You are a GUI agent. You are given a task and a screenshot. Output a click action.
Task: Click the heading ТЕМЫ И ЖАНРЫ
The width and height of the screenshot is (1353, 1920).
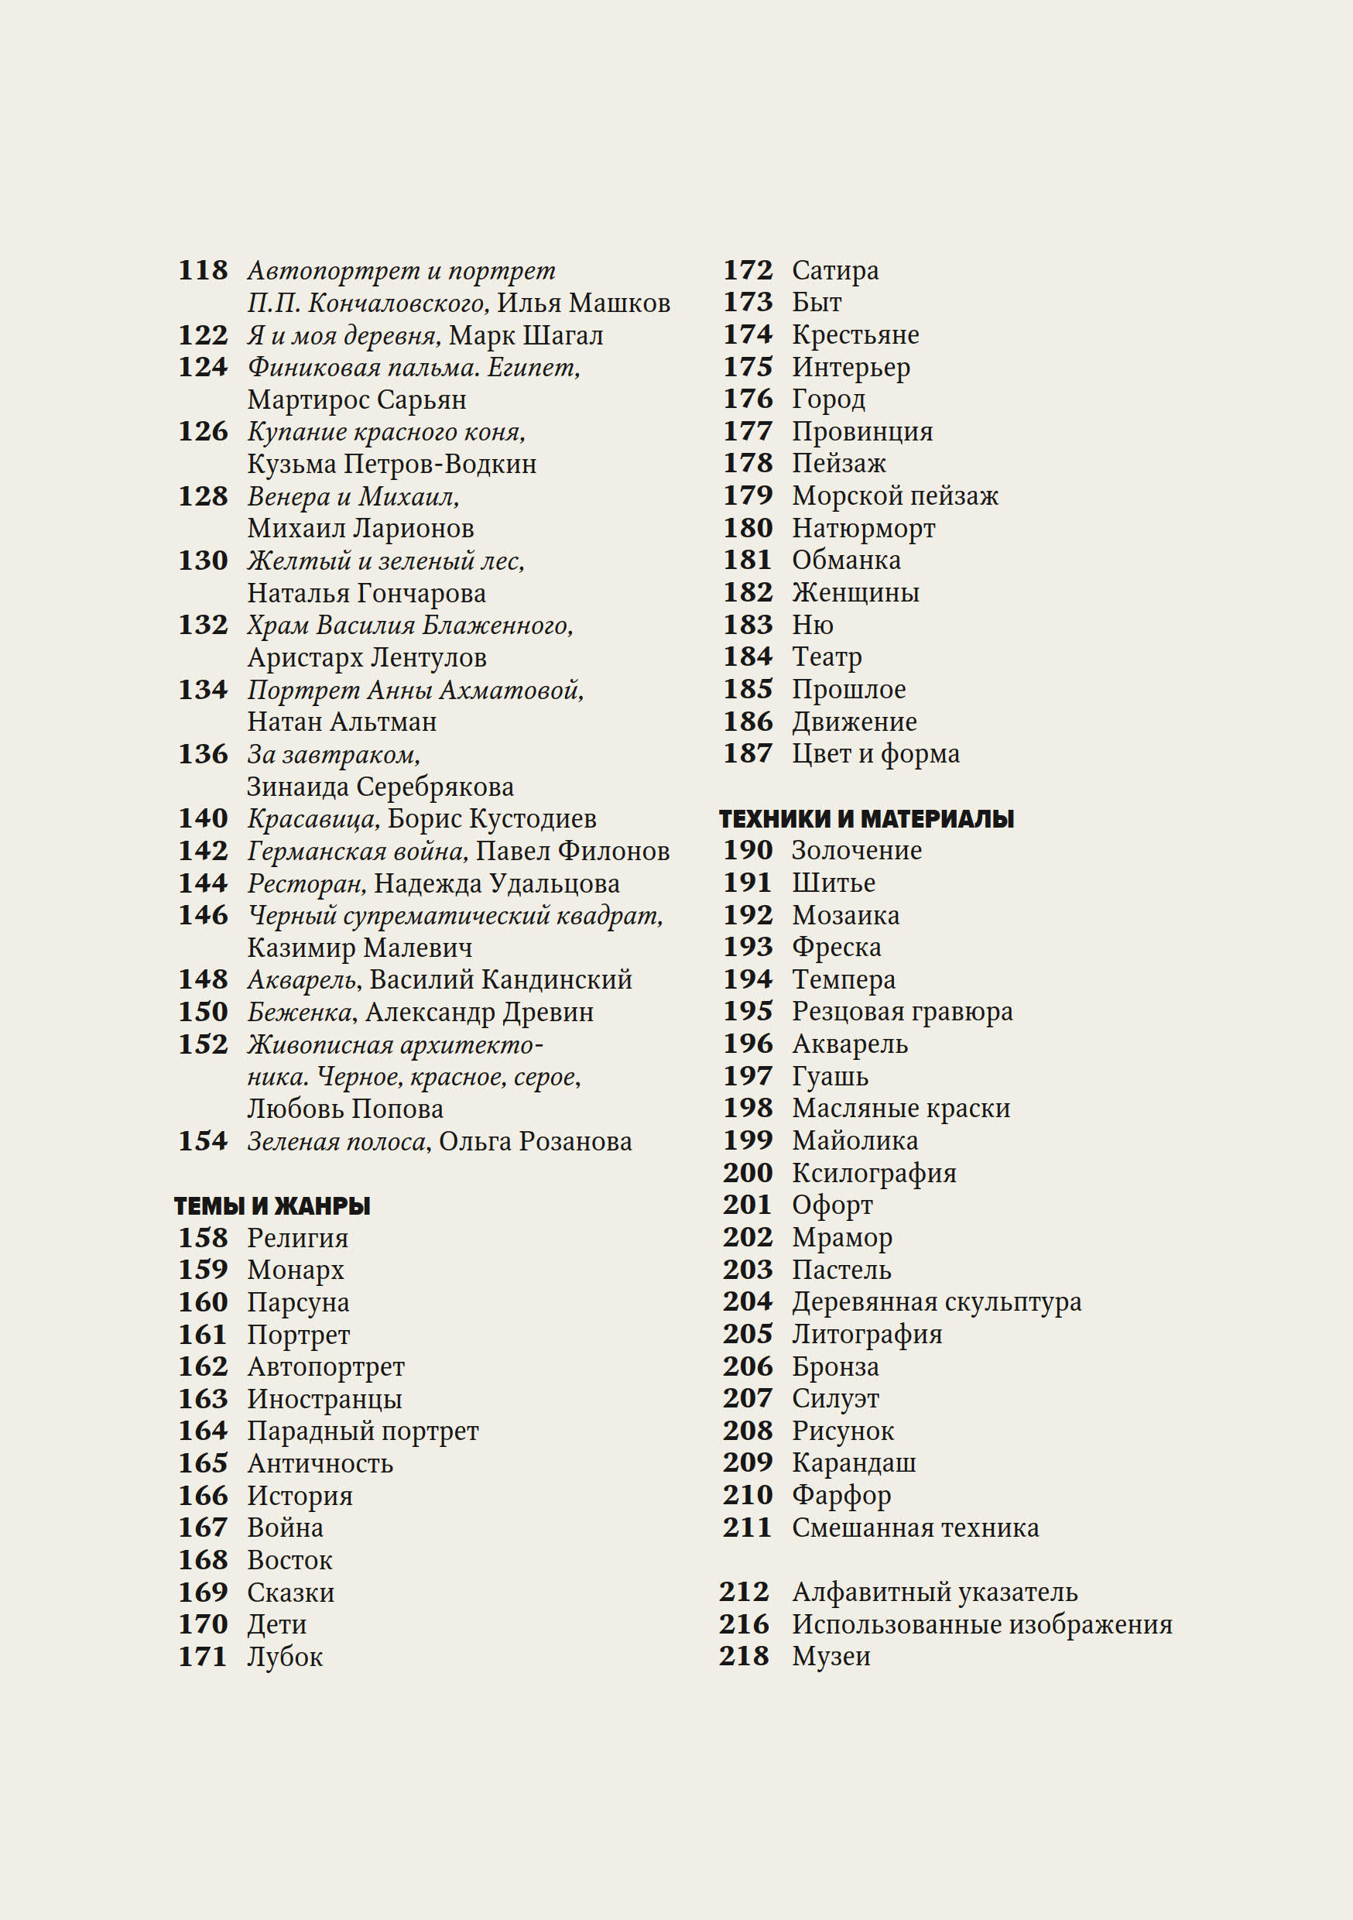(272, 1206)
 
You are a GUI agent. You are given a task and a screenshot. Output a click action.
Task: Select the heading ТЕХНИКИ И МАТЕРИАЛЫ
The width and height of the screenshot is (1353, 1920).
(866, 818)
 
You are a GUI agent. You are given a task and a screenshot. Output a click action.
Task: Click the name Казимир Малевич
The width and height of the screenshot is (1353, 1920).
(360, 948)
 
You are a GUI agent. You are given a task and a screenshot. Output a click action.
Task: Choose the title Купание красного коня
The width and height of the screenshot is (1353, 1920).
(385, 431)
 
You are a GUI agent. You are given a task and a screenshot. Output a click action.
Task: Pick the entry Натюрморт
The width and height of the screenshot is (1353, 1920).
(863, 529)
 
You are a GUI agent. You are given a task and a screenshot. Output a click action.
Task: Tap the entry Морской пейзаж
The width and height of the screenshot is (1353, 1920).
(895, 496)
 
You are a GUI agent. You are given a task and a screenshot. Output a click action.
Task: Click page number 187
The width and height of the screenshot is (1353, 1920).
(748, 753)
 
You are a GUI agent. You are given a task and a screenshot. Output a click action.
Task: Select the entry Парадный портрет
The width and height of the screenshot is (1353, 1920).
(363, 1431)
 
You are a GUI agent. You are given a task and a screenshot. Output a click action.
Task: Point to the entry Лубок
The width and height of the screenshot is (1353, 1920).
(284, 1657)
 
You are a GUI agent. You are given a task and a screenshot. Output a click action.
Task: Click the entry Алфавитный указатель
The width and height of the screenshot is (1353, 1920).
(934, 1593)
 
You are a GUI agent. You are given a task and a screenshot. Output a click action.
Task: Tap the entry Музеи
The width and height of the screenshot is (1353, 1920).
(831, 1656)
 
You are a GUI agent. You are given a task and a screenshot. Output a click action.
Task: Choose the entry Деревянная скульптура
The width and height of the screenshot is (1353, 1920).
(936, 1302)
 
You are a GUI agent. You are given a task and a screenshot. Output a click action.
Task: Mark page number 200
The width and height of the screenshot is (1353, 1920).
(748, 1173)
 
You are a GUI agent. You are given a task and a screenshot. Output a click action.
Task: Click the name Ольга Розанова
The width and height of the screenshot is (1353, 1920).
(535, 1141)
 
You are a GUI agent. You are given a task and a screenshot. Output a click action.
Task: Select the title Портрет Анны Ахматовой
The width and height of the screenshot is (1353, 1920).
(415, 690)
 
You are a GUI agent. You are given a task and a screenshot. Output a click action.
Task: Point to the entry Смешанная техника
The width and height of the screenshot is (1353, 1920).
(915, 1527)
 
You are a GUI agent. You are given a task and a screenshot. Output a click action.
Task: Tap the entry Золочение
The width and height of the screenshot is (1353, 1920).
(856, 851)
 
